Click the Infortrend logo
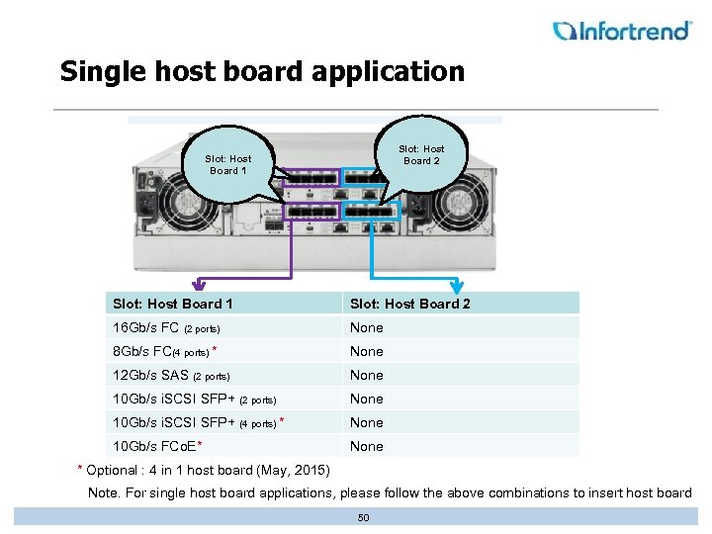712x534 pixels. coord(622,31)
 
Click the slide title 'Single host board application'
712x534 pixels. coord(261,72)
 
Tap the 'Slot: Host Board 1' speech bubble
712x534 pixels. coord(227,164)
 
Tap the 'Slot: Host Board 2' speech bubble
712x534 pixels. coord(421,154)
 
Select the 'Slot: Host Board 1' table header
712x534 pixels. coord(173,304)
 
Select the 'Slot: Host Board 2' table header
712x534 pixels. coord(410,304)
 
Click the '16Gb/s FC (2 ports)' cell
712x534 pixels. coord(166,327)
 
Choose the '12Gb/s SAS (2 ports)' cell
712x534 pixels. coord(171,375)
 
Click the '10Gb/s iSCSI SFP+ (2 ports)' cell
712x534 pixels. coord(194,399)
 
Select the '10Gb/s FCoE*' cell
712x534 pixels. coord(158,446)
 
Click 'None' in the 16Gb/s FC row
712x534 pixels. coord(366,327)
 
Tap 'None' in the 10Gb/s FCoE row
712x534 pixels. coord(366,446)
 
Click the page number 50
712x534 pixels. coord(363,517)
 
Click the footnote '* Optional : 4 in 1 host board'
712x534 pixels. coord(204,469)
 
